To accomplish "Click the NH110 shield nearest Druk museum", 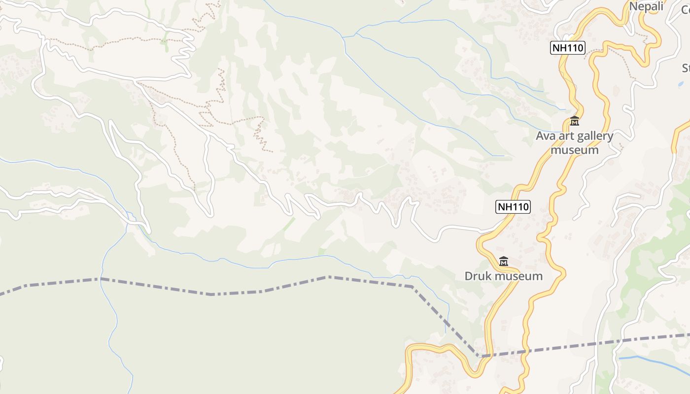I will click(513, 207).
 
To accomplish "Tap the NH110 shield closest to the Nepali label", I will click(568, 48).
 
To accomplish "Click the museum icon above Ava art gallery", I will click(575, 121).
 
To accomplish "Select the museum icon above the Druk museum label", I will click(504, 261).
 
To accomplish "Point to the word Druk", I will click(479, 276).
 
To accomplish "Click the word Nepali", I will click(646, 6).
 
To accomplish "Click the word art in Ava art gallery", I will click(567, 136).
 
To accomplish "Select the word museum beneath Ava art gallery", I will click(575, 150).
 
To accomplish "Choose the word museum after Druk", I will click(519, 276).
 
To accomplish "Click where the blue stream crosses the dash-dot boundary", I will click(101, 279).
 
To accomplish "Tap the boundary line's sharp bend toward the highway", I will click(412, 286).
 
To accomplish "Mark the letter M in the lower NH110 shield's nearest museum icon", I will click(504, 262).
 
